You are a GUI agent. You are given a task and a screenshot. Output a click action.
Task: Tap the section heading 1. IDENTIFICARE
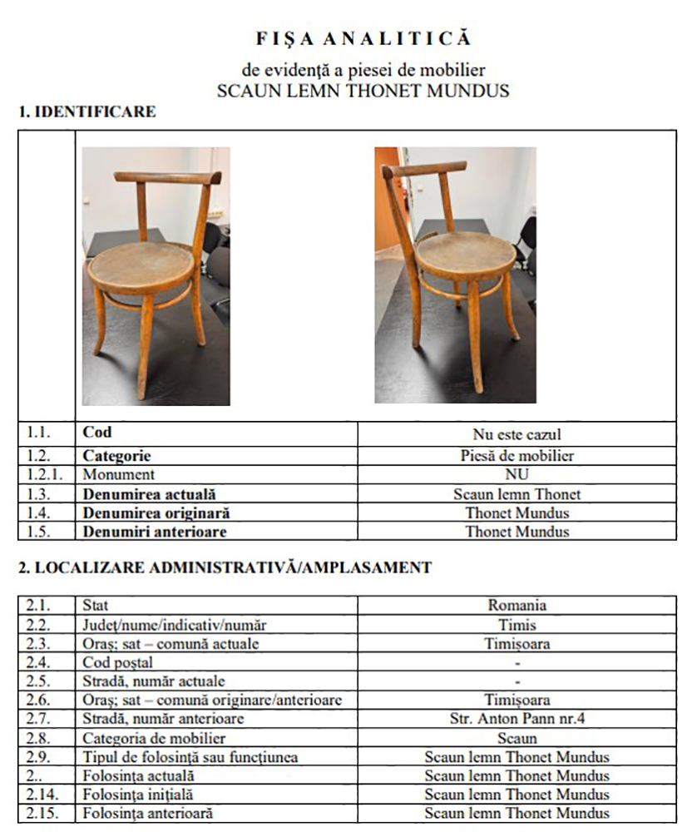tap(87, 111)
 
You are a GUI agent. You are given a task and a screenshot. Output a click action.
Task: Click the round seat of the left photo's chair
tap(141, 264)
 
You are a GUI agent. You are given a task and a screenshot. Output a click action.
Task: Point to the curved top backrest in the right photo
tap(423, 169)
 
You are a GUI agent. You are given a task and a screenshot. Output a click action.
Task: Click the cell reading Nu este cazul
tap(517, 434)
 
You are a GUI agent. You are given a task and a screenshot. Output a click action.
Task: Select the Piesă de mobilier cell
tap(517, 456)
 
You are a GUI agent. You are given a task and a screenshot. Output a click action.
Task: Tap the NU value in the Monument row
tap(517, 474)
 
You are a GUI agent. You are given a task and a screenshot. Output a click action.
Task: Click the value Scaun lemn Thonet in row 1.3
tap(517, 494)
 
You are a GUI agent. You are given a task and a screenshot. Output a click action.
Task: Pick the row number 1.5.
tap(36, 532)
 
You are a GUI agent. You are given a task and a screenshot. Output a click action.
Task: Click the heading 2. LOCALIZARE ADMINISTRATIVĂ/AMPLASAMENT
tap(225, 568)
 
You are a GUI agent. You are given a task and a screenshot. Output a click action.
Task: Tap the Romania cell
tap(517, 606)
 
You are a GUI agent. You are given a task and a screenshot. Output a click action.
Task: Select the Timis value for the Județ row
tap(517, 625)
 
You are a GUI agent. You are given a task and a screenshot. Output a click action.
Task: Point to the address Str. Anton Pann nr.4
tap(517, 719)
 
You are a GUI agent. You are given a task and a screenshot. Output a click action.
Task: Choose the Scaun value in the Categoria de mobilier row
tap(517, 738)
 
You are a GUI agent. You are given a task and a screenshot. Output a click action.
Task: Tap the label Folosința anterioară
tap(147, 813)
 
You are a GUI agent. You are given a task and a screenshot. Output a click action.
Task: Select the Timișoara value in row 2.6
tap(517, 701)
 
